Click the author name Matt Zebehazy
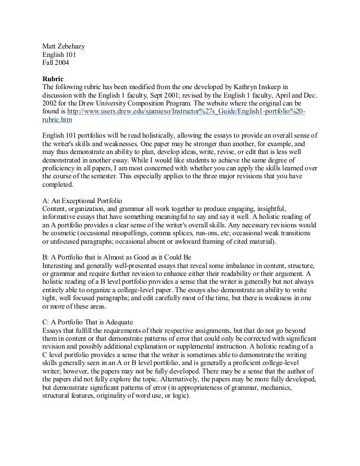pos(65,46)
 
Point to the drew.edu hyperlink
pos(187,113)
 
